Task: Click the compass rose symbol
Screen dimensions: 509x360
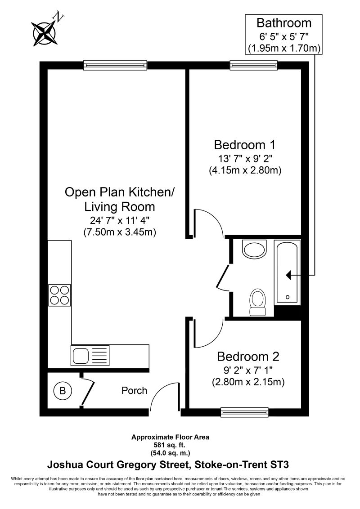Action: pyautogui.click(x=44, y=31)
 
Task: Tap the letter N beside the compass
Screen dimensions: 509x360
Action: pyautogui.click(x=59, y=18)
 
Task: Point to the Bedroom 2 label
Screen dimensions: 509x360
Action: pyautogui.click(x=248, y=357)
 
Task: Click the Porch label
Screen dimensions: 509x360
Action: pyautogui.click(x=134, y=390)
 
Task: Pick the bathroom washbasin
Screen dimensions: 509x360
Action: pyautogui.click(x=255, y=248)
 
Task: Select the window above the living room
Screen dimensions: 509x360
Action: pyautogui.click(x=116, y=66)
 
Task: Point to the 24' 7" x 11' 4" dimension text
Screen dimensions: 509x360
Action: pyautogui.click(x=119, y=221)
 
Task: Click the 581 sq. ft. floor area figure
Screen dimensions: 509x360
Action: pyautogui.click(x=170, y=444)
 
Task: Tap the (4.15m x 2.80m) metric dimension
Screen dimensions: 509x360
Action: pyautogui.click(x=245, y=170)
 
